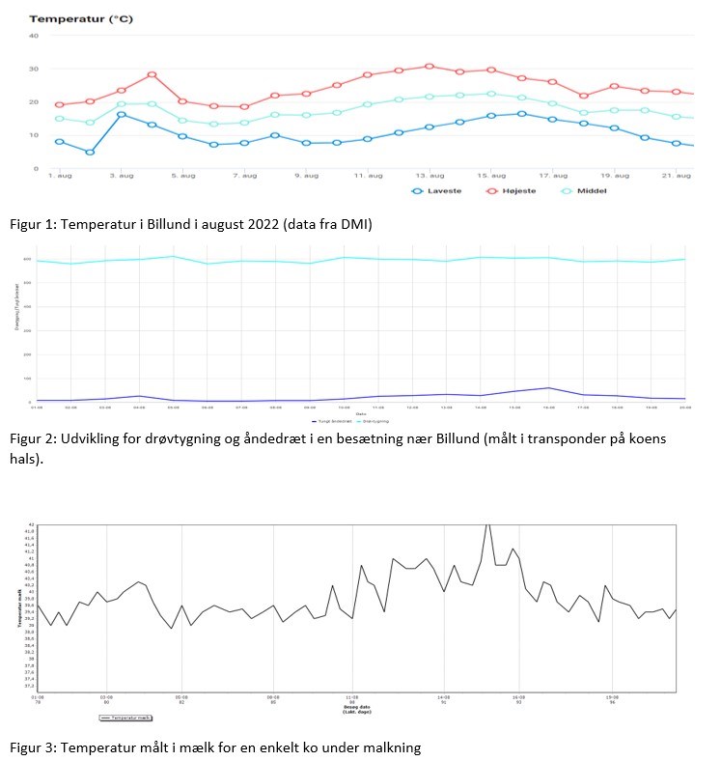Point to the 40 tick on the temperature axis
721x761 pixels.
[x=34, y=36]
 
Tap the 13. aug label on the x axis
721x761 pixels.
[x=430, y=175]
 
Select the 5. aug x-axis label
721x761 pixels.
[x=182, y=175]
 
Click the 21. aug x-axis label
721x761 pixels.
[x=678, y=175]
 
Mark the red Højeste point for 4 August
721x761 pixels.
[x=152, y=74]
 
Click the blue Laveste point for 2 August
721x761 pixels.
[x=90, y=152]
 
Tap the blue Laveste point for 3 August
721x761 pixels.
[x=121, y=114]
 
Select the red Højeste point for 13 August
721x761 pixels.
[x=430, y=66]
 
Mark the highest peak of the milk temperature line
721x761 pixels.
[x=487, y=524]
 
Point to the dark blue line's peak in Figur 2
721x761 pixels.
[x=548, y=387]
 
